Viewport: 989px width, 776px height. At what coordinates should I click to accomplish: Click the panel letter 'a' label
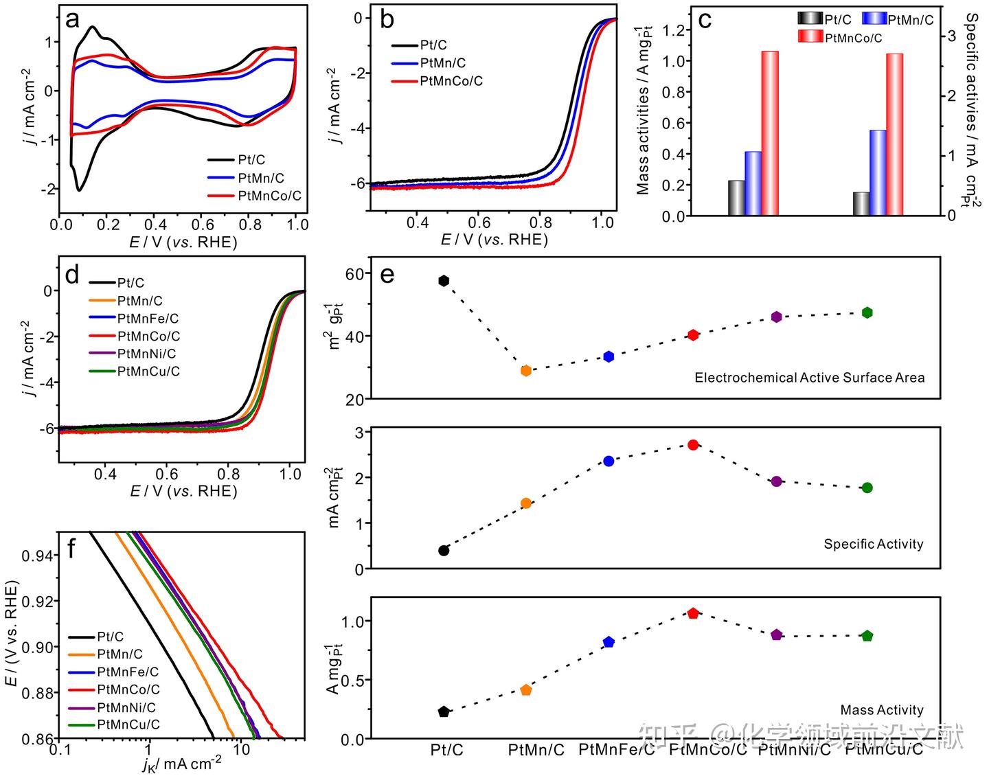pos(72,20)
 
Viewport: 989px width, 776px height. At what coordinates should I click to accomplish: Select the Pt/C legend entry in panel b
pos(433,45)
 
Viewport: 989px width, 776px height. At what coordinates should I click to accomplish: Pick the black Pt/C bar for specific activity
pos(861,203)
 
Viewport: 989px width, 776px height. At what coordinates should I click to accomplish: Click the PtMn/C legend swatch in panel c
pos(874,19)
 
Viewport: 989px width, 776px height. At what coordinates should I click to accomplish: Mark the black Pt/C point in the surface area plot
pos(444,280)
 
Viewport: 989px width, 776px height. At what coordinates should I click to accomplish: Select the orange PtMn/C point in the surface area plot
pos(526,371)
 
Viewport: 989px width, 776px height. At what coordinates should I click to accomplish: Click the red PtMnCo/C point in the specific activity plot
pos(693,445)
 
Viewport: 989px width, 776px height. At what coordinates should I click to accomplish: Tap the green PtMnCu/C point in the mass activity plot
pos(867,636)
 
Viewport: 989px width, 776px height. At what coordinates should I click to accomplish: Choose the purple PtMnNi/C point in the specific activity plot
pos(777,481)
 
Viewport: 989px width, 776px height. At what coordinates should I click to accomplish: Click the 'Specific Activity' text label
pos(873,544)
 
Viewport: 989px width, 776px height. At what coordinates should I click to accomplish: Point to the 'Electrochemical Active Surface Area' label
pos(809,378)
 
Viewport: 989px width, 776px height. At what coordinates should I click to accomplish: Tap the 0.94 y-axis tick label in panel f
pos(37,556)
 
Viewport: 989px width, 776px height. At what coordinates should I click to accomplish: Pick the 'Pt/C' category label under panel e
pos(446,750)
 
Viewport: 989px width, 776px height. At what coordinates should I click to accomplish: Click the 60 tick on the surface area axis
pos(354,273)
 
